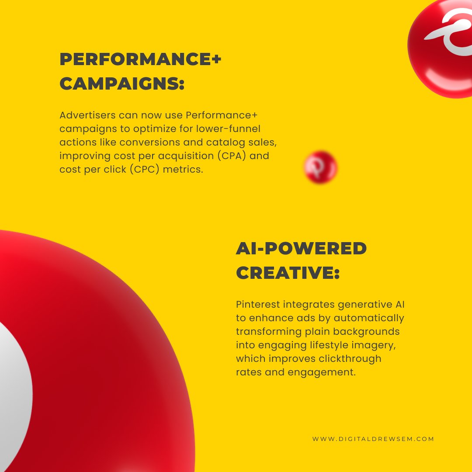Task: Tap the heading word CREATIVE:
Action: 288,273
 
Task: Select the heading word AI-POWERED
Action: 301,249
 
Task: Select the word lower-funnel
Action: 233,129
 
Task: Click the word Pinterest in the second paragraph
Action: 258,304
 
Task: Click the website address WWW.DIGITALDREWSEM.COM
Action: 373,439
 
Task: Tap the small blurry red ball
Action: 321,167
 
